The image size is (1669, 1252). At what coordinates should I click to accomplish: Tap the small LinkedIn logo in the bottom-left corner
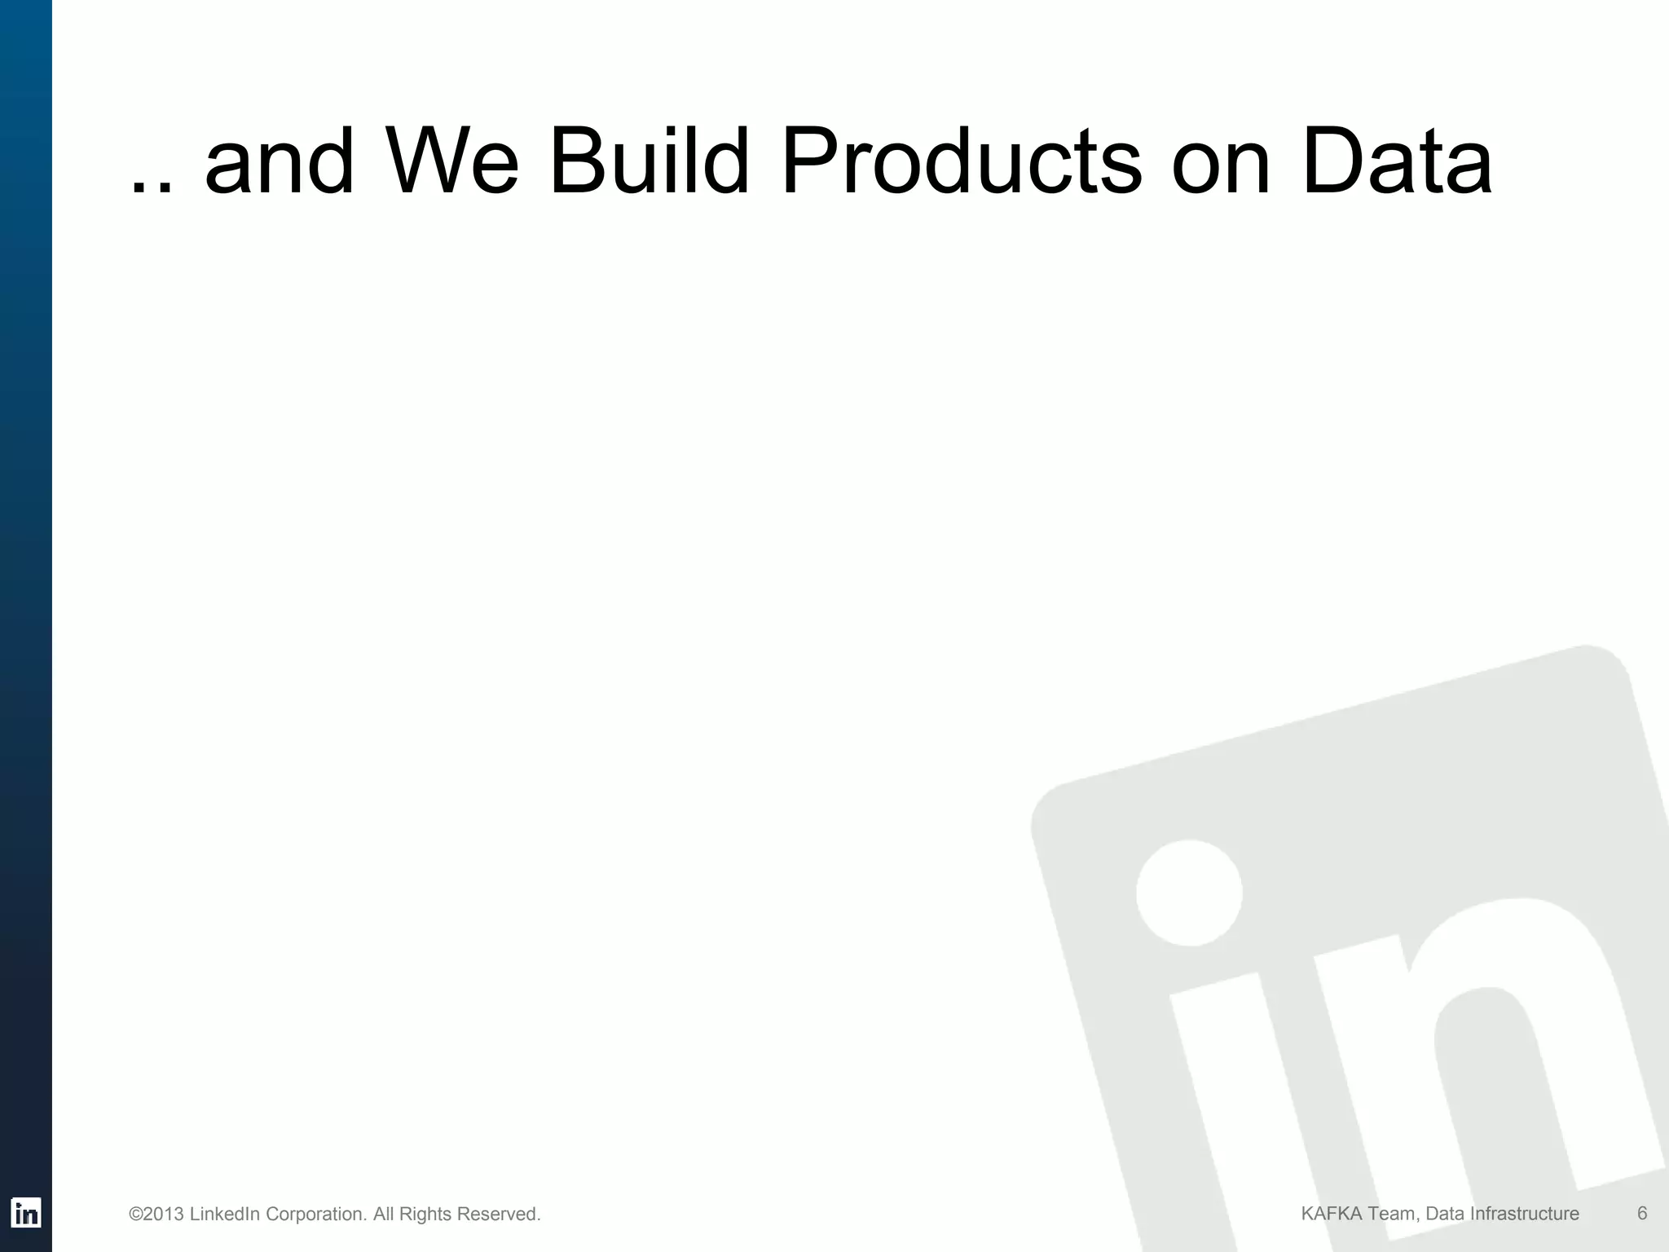tap(26, 1213)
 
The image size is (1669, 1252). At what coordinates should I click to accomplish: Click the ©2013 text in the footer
tap(156, 1215)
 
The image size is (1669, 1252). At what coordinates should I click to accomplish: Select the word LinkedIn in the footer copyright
tap(224, 1215)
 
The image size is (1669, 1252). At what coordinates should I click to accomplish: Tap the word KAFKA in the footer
tap(1331, 1214)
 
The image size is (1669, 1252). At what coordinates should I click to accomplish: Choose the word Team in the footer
tap(1391, 1214)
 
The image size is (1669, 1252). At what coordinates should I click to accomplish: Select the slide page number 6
tap(1642, 1214)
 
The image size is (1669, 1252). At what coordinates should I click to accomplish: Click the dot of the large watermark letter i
tap(1189, 893)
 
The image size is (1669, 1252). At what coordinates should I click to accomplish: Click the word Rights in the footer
tap(425, 1215)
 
